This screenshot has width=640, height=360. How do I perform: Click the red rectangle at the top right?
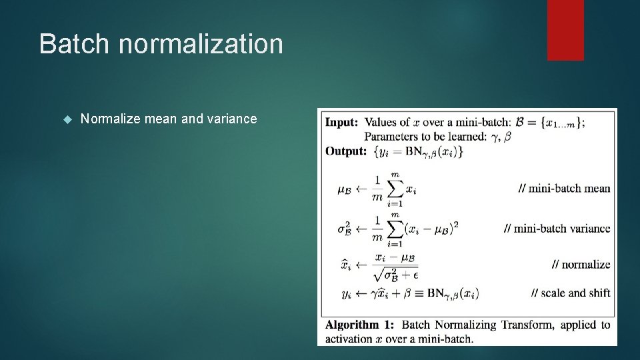(x=565, y=29)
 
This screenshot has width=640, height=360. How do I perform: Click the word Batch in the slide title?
(x=74, y=44)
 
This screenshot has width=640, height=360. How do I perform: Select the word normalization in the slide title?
(x=201, y=44)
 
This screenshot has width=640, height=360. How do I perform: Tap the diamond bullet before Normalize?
(x=66, y=119)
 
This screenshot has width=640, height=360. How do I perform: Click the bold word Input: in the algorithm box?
(x=341, y=122)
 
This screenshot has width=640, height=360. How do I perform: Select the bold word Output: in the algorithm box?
(x=345, y=151)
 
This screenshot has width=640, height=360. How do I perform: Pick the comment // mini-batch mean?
(x=564, y=188)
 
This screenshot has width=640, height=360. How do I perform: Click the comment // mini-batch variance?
(x=557, y=228)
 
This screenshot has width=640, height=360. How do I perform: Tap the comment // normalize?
(x=581, y=264)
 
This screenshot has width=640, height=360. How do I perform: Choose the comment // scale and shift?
(x=571, y=293)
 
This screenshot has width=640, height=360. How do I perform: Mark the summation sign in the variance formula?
(x=395, y=229)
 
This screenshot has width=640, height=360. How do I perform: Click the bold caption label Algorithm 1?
(x=359, y=325)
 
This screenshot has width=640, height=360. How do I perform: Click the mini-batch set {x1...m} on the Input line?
(x=555, y=123)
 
